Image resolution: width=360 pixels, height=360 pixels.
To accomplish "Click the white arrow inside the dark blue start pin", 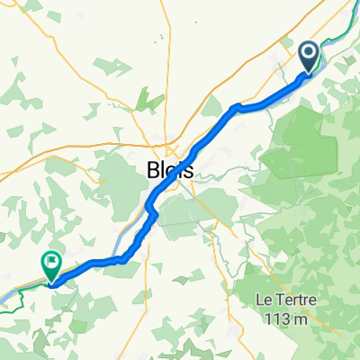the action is coord(308,56).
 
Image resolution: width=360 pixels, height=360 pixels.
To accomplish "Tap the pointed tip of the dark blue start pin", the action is coord(308,75).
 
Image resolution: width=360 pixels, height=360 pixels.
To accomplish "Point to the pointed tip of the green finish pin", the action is coord(50,283).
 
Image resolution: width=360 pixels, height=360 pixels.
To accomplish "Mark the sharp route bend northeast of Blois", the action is coord(236,107).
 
